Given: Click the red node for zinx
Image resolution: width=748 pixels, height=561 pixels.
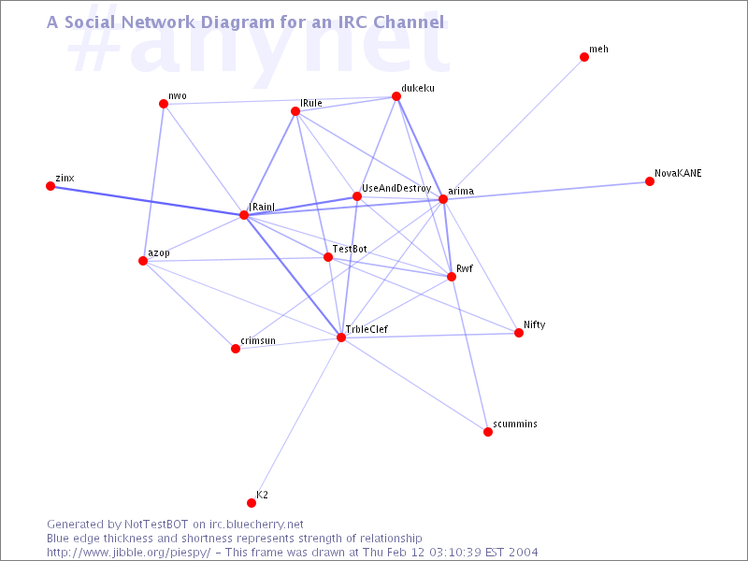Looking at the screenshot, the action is point(50,186).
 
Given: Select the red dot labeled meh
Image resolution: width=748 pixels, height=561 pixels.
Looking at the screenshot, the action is point(584,57).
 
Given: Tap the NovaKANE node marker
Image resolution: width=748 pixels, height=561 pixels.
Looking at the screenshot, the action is point(650,181).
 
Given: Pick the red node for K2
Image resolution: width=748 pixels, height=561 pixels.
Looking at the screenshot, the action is point(252,503).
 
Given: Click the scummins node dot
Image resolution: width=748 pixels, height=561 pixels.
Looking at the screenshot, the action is point(488,432).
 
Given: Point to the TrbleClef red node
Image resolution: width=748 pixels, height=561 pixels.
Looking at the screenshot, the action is point(341,338).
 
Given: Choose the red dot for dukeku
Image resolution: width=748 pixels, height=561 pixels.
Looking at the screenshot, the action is point(396,96).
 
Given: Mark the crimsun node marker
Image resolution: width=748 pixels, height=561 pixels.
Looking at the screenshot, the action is point(236,349).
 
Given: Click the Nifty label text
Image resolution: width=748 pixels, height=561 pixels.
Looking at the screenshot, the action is point(534,324).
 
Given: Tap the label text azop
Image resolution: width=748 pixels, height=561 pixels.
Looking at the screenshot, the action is point(159,252).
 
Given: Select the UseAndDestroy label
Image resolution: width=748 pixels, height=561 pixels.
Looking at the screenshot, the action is point(396,189).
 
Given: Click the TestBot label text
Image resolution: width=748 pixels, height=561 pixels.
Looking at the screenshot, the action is point(350,249).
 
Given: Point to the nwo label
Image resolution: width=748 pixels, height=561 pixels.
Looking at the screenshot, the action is point(178,96).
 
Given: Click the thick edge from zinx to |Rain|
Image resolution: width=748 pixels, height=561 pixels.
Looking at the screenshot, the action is point(148,200).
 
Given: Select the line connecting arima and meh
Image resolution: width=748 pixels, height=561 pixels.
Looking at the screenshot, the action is point(513,128).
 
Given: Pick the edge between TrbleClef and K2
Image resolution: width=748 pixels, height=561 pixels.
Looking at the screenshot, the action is point(296,420).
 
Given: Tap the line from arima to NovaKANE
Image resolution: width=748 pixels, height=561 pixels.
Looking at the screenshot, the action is point(546,191).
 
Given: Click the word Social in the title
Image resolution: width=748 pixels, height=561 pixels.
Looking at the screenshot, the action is point(90,22).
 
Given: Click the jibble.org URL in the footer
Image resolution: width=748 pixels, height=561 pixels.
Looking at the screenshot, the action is point(128,553).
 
